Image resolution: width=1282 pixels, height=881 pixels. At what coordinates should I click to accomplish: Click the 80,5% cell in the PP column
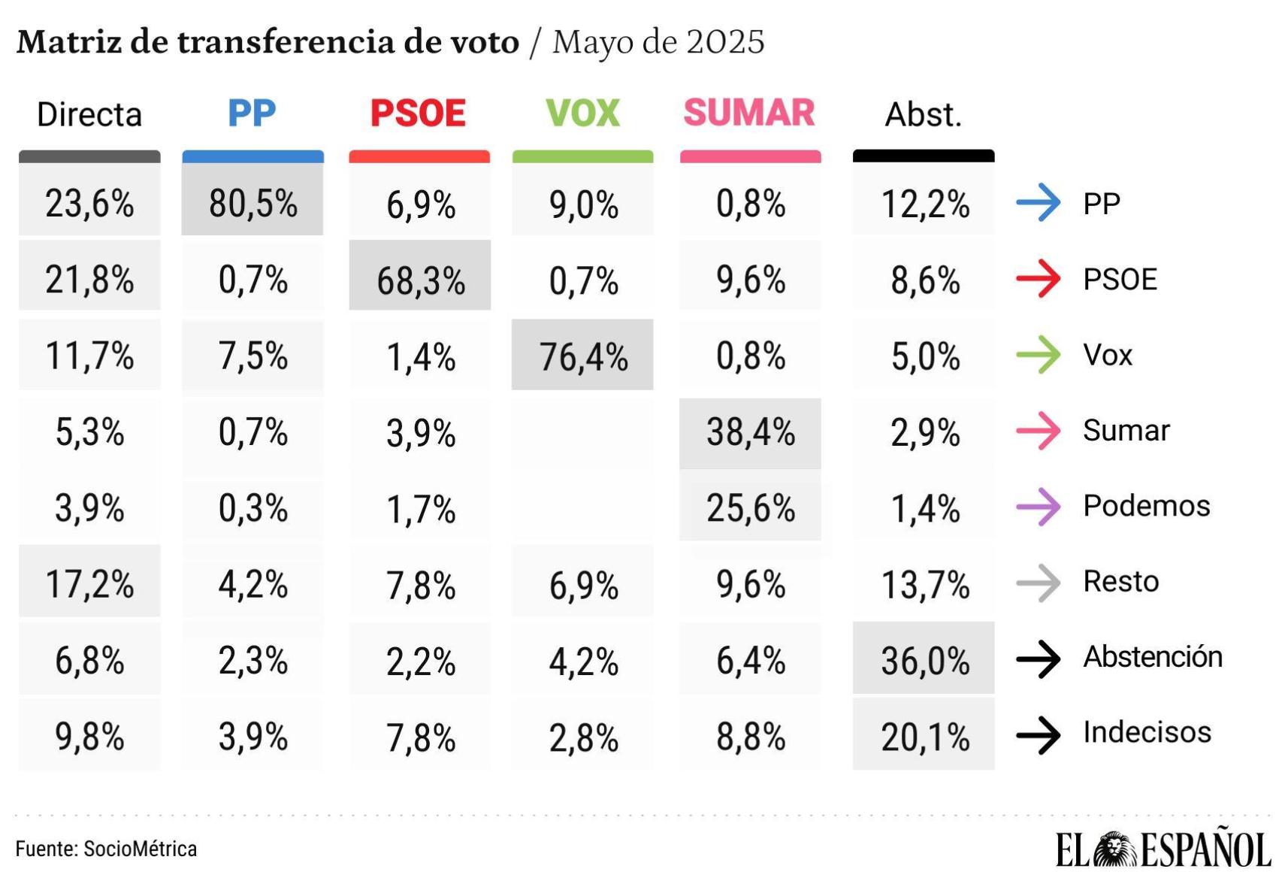pyautogui.click(x=252, y=203)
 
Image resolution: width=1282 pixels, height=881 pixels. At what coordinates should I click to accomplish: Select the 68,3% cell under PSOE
pyautogui.click(x=420, y=280)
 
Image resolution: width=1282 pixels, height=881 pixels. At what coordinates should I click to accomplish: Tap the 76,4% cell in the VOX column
pyautogui.click(x=583, y=356)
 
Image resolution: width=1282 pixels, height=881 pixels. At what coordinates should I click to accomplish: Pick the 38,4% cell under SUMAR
pyautogui.click(x=750, y=432)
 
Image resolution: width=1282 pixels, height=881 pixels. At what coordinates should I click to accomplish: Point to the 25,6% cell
pyautogui.click(x=750, y=508)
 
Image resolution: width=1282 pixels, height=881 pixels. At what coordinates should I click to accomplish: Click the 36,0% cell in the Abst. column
pyautogui.click(x=924, y=660)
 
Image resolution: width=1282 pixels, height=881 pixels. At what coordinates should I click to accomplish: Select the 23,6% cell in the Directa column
pyautogui.click(x=89, y=203)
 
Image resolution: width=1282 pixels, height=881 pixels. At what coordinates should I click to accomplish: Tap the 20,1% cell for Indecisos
pyautogui.click(x=924, y=736)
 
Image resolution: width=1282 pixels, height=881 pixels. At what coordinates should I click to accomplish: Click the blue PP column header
pyautogui.click(x=252, y=114)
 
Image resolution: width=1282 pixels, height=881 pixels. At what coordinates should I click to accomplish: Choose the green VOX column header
pyautogui.click(x=582, y=114)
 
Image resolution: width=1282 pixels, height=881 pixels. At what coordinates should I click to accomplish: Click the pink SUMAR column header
pyautogui.click(x=749, y=113)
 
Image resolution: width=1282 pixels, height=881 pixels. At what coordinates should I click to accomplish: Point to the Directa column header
pyautogui.click(x=89, y=114)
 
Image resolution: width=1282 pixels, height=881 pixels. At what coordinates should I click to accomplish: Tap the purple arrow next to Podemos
pyautogui.click(x=1039, y=506)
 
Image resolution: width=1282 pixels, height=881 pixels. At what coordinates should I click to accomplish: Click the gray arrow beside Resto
pyautogui.click(x=1039, y=582)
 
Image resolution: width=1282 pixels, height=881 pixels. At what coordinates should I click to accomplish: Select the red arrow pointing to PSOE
pyautogui.click(x=1039, y=279)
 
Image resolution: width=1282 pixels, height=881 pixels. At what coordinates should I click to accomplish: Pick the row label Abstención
pyautogui.click(x=1153, y=657)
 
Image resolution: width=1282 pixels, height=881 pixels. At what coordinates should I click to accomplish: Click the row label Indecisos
pyautogui.click(x=1147, y=732)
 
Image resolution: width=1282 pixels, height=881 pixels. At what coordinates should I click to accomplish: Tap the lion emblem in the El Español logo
pyautogui.click(x=1115, y=849)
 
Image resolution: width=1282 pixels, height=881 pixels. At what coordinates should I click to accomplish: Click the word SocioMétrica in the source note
pyautogui.click(x=140, y=849)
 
